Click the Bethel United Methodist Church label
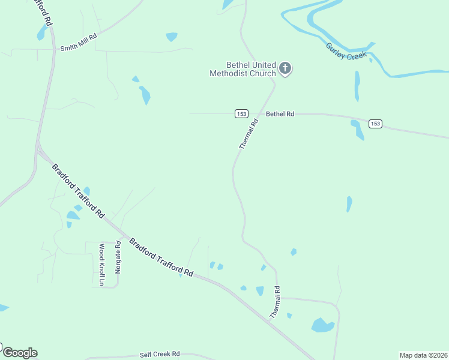point(243,69)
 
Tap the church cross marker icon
point(285,68)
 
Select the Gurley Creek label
point(346,50)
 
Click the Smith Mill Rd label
point(77,40)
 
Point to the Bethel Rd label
point(280,113)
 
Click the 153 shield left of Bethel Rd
point(241,113)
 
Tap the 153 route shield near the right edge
point(375,124)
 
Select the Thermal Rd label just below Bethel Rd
point(249,134)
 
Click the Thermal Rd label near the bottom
point(275,302)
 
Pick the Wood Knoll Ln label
point(101,265)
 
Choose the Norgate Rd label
point(118,257)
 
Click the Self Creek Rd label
point(160,355)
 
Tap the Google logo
point(20,353)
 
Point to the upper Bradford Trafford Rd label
point(78,191)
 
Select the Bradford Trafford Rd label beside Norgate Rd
point(161,259)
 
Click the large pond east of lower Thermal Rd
point(322,325)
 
